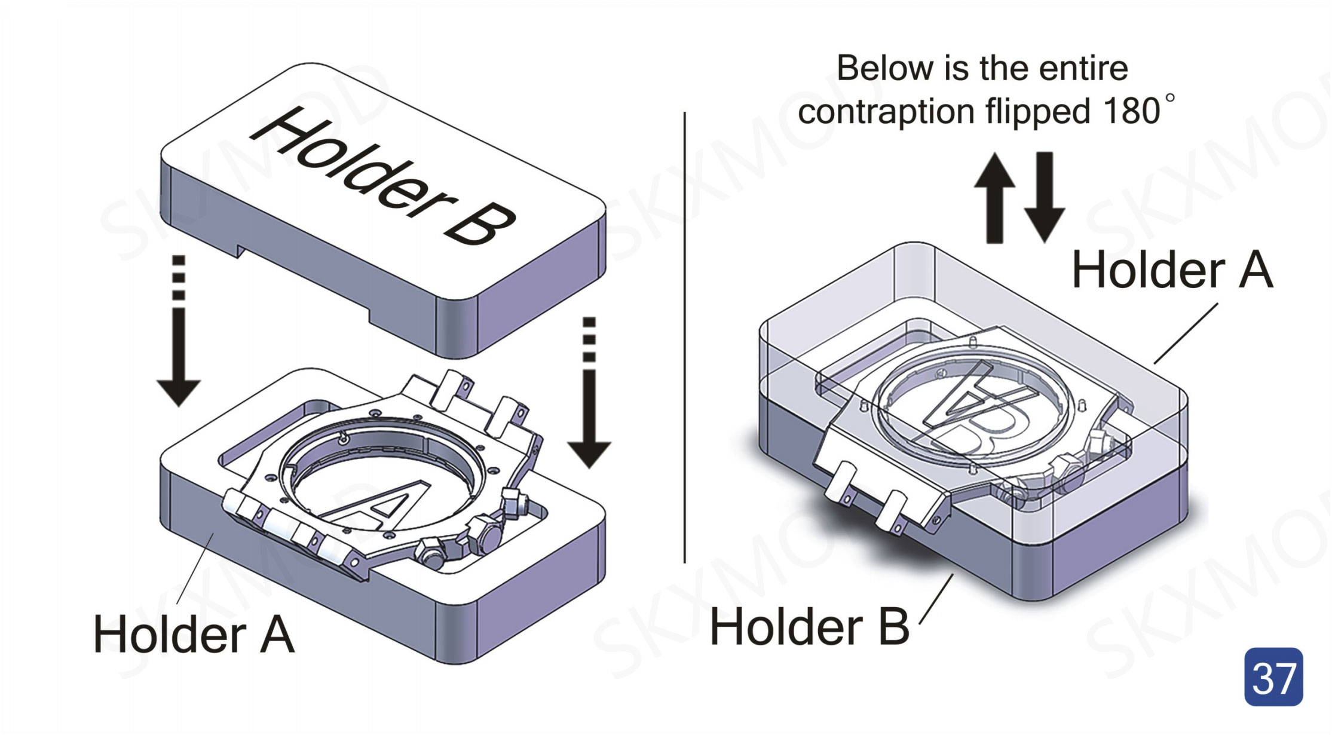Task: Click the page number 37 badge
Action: click(1273, 676)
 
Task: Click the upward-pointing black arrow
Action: click(994, 197)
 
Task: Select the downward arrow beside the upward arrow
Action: click(1044, 197)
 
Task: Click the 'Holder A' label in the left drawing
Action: click(194, 635)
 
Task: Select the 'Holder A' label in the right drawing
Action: click(1172, 270)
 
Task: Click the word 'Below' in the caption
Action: click(884, 68)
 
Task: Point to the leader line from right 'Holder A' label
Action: click(1186, 333)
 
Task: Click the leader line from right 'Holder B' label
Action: click(936, 599)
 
